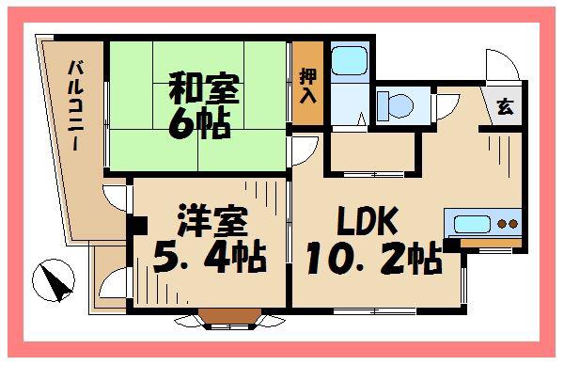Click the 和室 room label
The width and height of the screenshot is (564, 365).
[204, 88]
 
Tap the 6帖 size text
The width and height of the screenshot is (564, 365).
[199, 123]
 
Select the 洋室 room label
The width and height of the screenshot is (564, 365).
[212, 221]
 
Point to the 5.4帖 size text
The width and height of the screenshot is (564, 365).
[210, 258]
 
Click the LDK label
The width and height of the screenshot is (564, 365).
[368, 220]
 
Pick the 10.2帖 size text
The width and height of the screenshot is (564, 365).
[374, 258]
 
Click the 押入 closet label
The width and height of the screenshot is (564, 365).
[308, 86]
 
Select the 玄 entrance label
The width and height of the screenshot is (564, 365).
[506, 106]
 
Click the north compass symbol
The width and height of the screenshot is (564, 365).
[54, 280]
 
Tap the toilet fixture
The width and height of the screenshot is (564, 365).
[395, 105]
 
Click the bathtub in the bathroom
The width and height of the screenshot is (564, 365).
[350, 60]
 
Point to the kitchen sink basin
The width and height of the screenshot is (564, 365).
[472, 224]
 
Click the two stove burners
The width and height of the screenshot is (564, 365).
[508, 224]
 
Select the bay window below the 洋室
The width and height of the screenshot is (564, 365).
[230, 319]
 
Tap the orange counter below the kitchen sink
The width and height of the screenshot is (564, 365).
[491, 243]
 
